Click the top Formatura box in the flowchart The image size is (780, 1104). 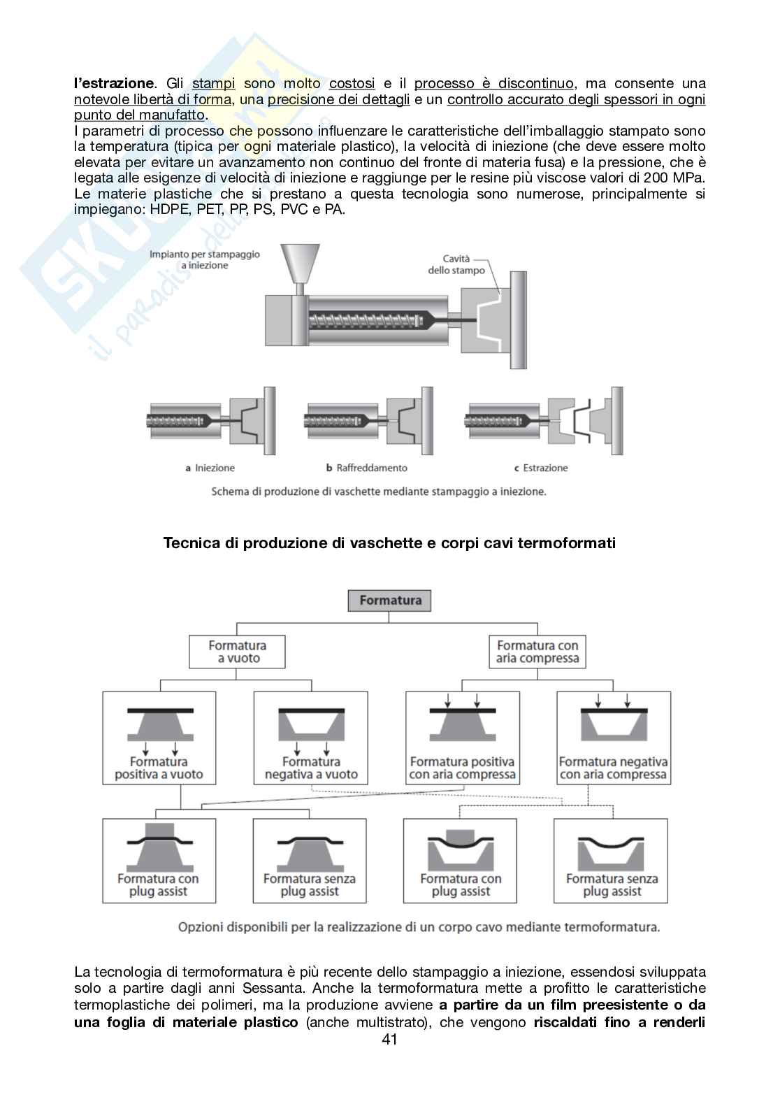389,601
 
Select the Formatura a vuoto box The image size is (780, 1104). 237,652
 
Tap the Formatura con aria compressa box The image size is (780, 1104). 537,652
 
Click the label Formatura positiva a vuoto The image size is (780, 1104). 159,768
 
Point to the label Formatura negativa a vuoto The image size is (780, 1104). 311,768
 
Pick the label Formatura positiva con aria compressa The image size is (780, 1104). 462,768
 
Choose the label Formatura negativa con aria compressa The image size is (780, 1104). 613,768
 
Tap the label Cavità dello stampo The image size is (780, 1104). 456,264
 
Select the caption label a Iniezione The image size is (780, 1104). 210,468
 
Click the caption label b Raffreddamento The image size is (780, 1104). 366,468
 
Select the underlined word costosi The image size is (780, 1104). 352,84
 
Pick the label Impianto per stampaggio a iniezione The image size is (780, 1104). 204,259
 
